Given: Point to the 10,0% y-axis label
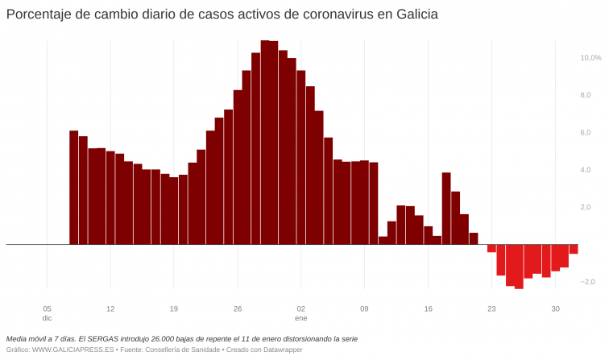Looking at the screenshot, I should tap(590, 58).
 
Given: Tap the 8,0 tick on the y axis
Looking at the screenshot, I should tap(586, 95).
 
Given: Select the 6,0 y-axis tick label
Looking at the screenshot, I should tap(586, 133).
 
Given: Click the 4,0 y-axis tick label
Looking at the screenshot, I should tap(586, 170).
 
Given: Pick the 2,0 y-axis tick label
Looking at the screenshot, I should tap(586, 207).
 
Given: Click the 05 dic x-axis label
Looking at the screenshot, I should tap(47, 313).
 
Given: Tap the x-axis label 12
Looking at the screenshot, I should tap(110, 308).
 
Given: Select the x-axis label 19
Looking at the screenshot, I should tap(174, 308).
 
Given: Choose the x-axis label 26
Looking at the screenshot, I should tap(237, 308).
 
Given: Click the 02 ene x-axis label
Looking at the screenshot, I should tap(300, 313).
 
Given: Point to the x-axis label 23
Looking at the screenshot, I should tap(491, 308).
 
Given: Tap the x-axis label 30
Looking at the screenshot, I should tap(555, 308).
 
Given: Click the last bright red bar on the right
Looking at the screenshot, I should tap(574, 249).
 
